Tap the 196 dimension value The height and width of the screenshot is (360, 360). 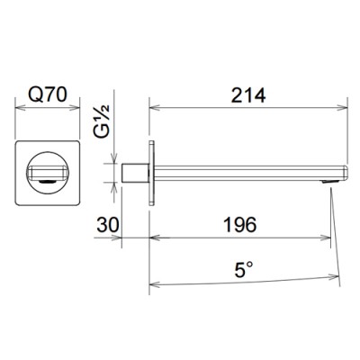[240, 224]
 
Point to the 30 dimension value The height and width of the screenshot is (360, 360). [108, 224]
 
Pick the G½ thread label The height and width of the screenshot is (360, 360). [102, 121]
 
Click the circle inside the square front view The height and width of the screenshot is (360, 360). [48, 173]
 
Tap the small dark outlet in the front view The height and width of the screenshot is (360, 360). [48, 181]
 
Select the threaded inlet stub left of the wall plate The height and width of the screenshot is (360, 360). [135, 173]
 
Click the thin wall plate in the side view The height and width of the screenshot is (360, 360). [152, 173]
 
